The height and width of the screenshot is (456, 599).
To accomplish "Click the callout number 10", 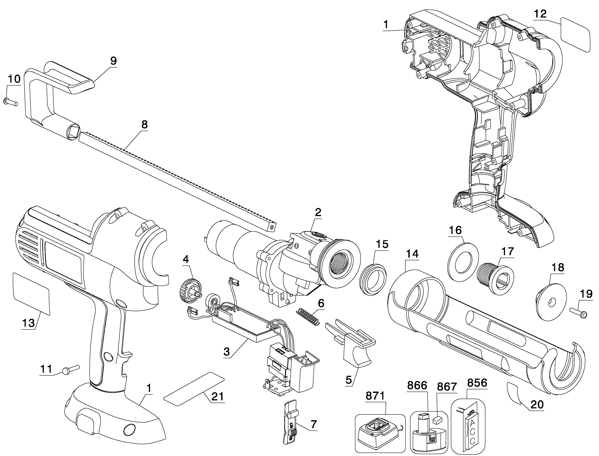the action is [x=14, y=79].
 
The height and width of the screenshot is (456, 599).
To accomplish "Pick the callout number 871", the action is [x=375, y=396].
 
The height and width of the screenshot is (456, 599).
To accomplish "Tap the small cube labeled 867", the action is [x=438, y=420].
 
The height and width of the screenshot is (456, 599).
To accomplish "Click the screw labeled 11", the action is [x=71, y=370].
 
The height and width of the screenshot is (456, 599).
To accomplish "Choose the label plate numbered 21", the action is [x=194, y=389].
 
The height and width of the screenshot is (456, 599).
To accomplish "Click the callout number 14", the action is [x=412, y=254].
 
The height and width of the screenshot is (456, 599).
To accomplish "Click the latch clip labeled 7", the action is [x=291, y=423].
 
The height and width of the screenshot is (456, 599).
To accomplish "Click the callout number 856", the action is [x=477, y=383].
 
